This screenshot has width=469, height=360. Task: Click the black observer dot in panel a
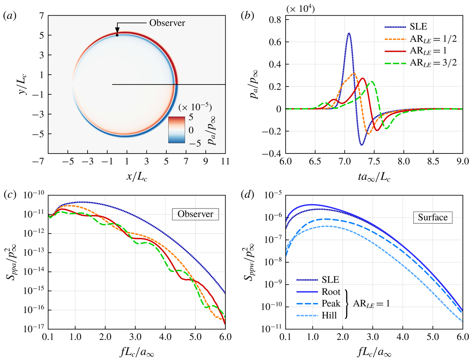(117, 35)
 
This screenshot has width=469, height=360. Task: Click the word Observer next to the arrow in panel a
(167, 22)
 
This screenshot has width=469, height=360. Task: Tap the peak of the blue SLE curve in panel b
(349, 34)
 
